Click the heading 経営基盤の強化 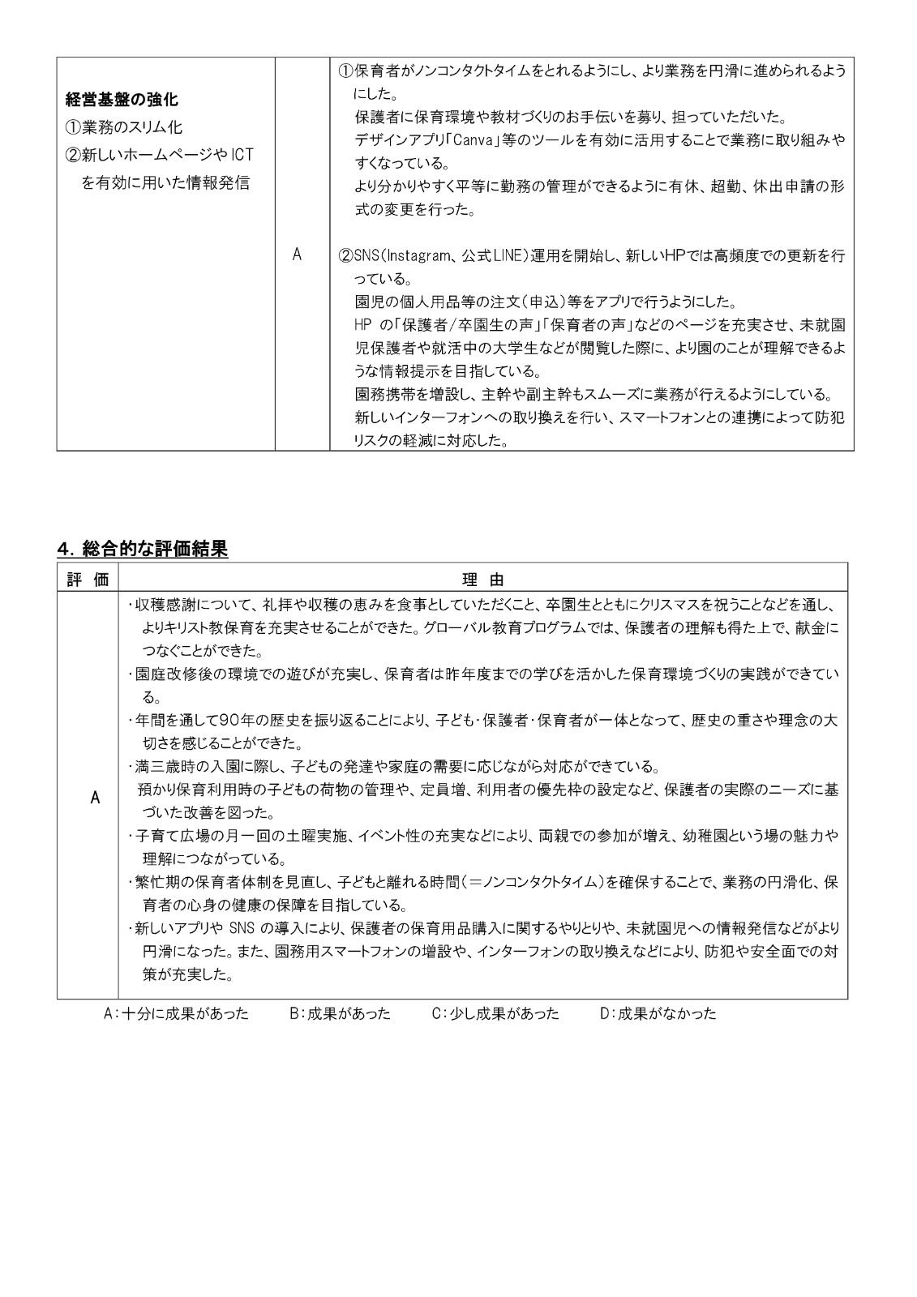point(122,101)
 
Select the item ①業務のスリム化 point(124,127)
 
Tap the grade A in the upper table point(297,255)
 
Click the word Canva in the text point(474,139)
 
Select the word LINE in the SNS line point(510,256)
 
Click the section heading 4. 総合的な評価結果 point(143,549)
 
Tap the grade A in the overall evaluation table point(95,798)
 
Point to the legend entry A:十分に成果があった point(176,1013)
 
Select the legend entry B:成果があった point(340,1013)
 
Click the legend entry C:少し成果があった point(495,1013)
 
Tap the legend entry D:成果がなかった point(658,1013)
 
